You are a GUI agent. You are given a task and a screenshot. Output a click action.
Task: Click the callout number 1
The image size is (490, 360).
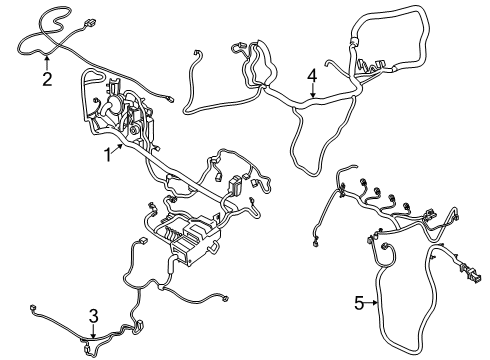[x=108, y=154]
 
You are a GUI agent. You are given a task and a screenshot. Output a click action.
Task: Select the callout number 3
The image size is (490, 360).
[x=92, y=316]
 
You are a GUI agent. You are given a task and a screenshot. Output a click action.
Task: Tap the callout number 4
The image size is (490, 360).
[x=313, y=74]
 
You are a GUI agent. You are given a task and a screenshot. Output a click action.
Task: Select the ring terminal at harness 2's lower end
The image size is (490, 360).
[x=176, y=97]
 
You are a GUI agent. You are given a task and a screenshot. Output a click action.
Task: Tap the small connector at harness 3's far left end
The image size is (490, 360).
[x=35, y=308]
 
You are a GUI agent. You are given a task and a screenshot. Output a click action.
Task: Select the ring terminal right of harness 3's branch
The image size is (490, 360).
[x=224, y=297]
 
